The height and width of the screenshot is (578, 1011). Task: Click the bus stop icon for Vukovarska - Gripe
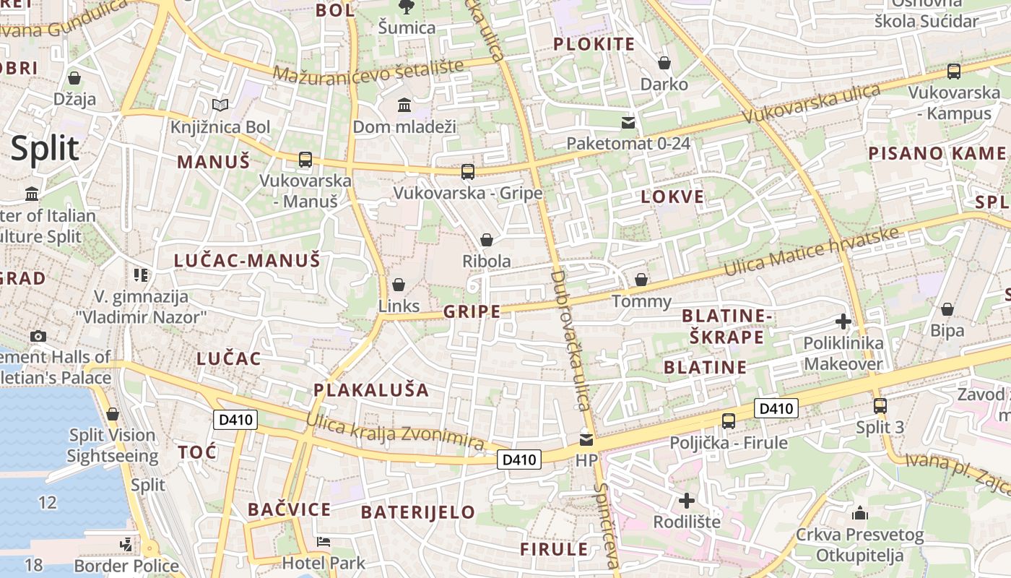pos(468,172)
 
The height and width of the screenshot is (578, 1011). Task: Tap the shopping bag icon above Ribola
pos(487,240)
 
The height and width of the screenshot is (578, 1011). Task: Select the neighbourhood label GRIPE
pos(472,311)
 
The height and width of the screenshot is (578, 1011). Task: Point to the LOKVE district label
pos(672,197)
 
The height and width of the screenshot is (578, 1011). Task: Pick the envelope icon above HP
pos(586,439)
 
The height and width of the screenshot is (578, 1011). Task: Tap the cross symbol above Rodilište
pos(687,500)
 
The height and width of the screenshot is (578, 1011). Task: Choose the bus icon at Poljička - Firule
pos(729,421)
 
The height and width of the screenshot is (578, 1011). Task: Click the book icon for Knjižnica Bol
pos(220,105)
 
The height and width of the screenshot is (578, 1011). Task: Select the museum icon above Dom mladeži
pos(404,105)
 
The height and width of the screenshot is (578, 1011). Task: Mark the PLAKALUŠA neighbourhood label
pos(371,390)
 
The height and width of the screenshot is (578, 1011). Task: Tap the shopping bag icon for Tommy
pos(641,280)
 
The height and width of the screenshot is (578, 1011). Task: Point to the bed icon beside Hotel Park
pos(324,542)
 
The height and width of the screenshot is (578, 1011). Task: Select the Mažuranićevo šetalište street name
pos(368,71)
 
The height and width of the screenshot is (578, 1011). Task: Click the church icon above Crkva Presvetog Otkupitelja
pos(860,514)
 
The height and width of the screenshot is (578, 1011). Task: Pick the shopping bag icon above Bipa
pos(947,309)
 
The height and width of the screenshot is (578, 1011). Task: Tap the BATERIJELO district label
pos(418,512)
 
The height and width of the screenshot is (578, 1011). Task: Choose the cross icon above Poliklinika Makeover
pos(843,322)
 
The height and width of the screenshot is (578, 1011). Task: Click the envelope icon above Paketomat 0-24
pos(628,122)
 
